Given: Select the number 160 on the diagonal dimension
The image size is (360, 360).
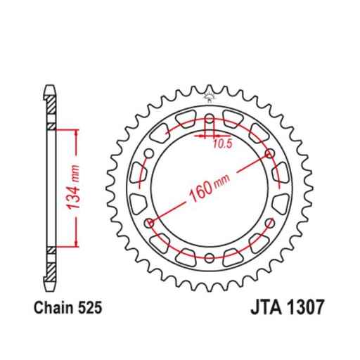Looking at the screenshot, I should coord(198,192).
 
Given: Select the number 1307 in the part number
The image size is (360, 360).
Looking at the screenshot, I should coord(302,308).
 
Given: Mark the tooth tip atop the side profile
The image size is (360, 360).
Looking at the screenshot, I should coord(51,88).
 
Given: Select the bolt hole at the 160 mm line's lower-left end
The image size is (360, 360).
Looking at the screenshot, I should coord(148,223).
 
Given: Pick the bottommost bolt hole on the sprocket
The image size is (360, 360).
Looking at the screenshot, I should coord(209,258).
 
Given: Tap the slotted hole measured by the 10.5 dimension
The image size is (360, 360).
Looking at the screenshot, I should coord(209,121).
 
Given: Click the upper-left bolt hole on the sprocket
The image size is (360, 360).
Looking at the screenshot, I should coord(148,153).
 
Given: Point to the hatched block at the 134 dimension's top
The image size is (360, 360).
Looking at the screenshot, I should coord(51,127).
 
